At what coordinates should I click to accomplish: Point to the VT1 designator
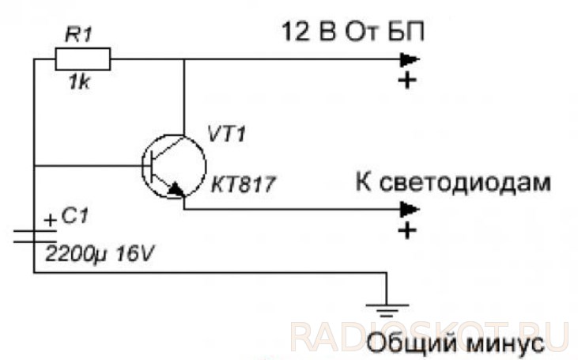pyautogui.click(x=226, y=134)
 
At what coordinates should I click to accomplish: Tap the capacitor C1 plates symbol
pyautogui.click(x=34, y=235)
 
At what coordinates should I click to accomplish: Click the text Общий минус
pyautogui.click(x=456, y=345)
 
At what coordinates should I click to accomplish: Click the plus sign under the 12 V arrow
pyautogui.click(x=407, y=81)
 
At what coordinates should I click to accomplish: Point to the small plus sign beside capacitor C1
pyautogui.click(x=50, y=221)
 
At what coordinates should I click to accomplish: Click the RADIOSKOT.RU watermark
pyautogui.click(x=429, y=335)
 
